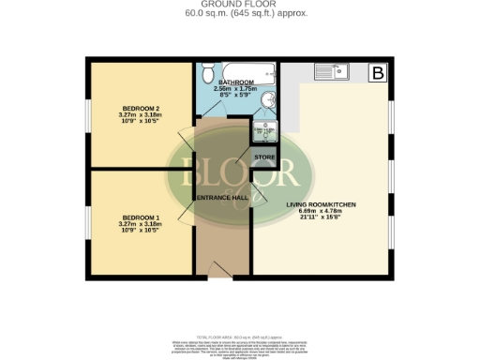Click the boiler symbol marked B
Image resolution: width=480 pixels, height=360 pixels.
[379, 72]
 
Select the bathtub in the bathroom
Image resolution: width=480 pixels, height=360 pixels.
[238, 70]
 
